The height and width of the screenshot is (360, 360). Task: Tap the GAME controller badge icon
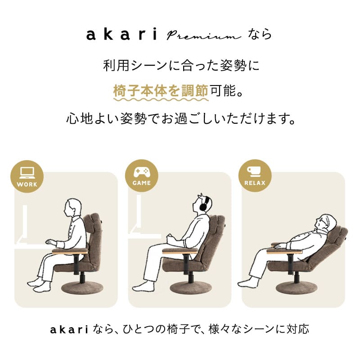pos(141,175)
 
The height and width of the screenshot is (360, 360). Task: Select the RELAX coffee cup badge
pos(255,175)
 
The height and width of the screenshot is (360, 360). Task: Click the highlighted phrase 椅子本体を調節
pos(160,91)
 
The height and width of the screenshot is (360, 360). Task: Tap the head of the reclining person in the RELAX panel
pos(325,222)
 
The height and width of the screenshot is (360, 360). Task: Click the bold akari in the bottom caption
pos(68,329)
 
